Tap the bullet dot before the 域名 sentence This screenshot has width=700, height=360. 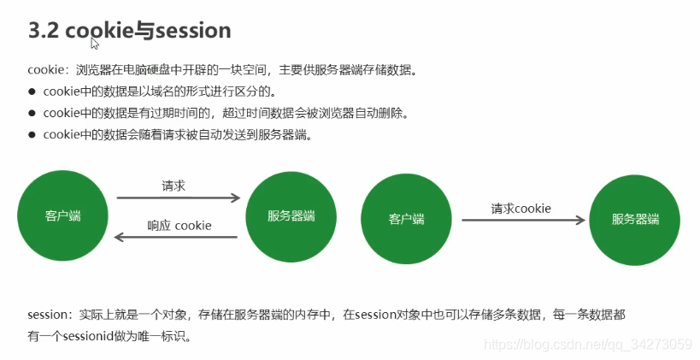[32, 91]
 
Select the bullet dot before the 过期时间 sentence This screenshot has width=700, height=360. [32, 113]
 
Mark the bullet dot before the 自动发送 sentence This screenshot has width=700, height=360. [32, 135]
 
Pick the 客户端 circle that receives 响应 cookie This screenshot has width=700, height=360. [62, 215]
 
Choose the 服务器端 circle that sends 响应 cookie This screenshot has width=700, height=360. [291, 215]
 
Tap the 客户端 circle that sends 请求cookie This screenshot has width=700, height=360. [406, 219]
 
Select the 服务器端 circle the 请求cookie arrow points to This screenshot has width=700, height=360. [635, 219]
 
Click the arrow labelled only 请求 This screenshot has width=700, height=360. [178, 198]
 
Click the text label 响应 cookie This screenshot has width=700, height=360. [179, 226]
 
